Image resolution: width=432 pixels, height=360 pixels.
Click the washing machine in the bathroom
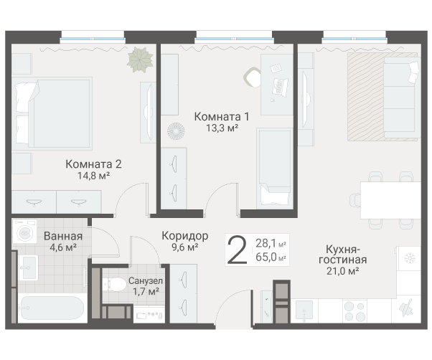[25, 232]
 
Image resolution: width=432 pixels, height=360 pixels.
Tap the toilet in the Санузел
[114, 284]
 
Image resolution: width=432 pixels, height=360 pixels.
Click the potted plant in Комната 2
[140, 60]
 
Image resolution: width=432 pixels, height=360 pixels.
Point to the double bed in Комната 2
[52, 113]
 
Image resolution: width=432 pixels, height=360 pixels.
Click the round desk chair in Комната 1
[253, 77]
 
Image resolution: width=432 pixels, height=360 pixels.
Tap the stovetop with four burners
[354, 311]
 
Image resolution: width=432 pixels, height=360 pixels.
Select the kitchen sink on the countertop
[304, 311]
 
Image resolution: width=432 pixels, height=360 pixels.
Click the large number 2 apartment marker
[238, 250]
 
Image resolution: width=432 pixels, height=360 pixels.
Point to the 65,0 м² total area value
[271, 257]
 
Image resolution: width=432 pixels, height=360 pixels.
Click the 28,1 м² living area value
[271, 243]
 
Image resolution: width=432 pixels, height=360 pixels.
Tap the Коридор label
[185, 236]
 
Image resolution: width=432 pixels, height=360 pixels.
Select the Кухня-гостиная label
[343, 255]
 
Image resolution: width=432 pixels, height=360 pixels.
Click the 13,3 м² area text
[222, 128]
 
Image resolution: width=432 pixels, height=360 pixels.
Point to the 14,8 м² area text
[94, 176]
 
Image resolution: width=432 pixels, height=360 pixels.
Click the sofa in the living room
[402, 97]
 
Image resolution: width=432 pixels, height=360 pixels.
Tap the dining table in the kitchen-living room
[390, 200]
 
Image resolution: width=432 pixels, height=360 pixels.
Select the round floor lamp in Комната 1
[176, 131]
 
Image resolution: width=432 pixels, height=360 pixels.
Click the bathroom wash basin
[28, 267]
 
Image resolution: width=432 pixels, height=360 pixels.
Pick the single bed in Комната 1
[275, 169]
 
